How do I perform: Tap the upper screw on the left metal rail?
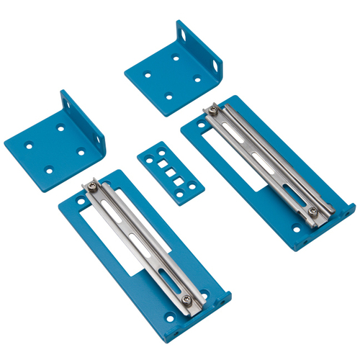pyautogui.click(x=92, y=189)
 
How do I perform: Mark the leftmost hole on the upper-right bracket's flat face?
pyautogui.click(x=148, y=74)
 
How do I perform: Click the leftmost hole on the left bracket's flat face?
pyautogui.click(x=30, y=146)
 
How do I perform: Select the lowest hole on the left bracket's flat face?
pyautogui.click(x=49, y=171)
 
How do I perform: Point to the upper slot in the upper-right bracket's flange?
pyautogui.click(x=186, y=32)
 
